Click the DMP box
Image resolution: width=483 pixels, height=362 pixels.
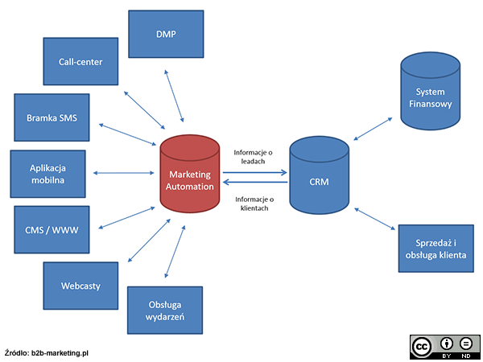[x=166, y=34]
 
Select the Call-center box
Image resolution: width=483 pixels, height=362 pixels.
[x=80, y=62]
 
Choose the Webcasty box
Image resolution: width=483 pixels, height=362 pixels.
[x=80, y=286]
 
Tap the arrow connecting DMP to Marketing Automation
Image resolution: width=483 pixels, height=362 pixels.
[x=175, y=96]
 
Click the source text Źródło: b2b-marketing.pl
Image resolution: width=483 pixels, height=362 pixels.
[x=46, y=352]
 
